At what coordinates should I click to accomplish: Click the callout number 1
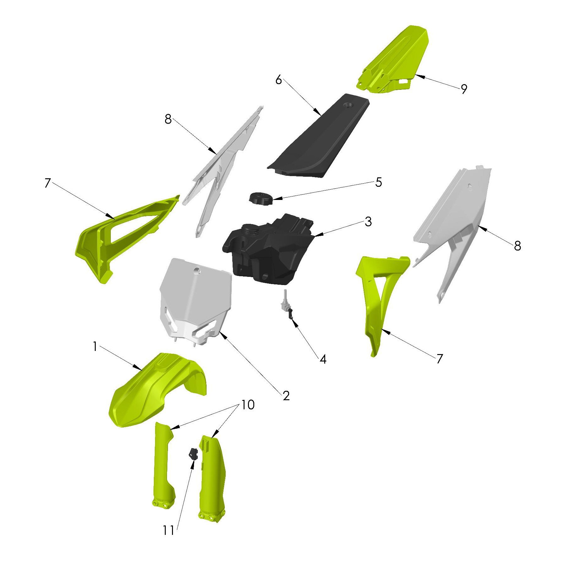point(95,347)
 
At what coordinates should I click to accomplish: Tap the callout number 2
point(286,396)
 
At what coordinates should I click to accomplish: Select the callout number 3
point(368,222)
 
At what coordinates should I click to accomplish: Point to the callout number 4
point(323,359)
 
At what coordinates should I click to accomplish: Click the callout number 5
point(379,182)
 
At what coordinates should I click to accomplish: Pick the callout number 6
point(278,80)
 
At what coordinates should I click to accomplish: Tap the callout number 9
point(464,89)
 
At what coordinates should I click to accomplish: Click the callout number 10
point(248,405)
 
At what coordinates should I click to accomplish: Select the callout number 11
point(168,530)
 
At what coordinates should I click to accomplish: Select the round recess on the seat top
point(349,105)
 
